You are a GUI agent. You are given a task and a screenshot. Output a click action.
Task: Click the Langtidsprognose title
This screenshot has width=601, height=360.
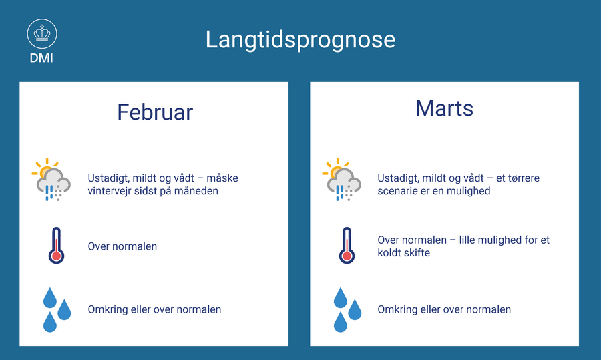(x=300, y=40)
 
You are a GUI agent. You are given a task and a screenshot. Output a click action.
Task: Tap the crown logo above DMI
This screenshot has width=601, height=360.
(x=42, y=34)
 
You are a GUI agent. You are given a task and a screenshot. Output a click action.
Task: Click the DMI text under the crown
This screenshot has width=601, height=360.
(x=41, y=58)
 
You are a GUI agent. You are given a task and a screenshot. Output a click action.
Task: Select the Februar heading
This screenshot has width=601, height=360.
(x=155, y=112)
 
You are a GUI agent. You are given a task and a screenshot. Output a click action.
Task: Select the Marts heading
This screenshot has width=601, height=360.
(x=445, y=108)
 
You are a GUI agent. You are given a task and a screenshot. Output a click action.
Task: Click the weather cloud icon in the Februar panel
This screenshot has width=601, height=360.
(x=51, y=180)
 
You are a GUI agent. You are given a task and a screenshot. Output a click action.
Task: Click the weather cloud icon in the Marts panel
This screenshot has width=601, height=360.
(x=342, y=180)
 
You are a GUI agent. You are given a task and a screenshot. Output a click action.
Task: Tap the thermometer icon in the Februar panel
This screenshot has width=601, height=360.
(x=56, y=245)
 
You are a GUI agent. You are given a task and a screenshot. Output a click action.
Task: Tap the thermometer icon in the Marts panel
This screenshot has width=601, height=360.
(x=347, y=245)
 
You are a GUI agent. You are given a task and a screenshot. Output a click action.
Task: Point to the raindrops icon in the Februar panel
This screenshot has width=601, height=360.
(x=57, y=309)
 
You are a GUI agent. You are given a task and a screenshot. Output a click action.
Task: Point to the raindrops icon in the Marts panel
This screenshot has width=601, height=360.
(x=347, y=309)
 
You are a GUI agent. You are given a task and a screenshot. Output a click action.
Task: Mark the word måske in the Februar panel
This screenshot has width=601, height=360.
(x=222, y=178)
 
